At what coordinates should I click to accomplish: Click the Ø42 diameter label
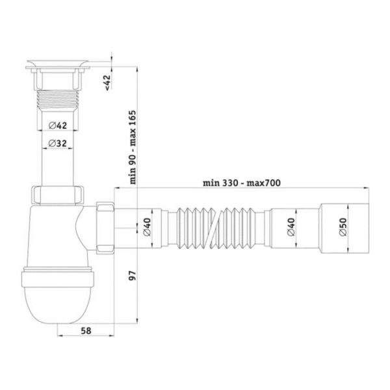[58, 125]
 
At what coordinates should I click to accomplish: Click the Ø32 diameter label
[58, 144]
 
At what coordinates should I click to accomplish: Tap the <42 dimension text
[107, 83]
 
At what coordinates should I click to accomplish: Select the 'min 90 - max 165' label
[133, 148]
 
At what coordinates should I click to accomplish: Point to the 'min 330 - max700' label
[242, 183]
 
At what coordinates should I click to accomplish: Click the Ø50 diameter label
[343, 227]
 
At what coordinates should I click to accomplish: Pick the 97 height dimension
[133, 276]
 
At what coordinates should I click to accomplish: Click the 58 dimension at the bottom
[86, 331]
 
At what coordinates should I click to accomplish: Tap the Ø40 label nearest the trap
[147, 227]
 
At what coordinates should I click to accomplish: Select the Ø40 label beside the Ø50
[291, 227]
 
